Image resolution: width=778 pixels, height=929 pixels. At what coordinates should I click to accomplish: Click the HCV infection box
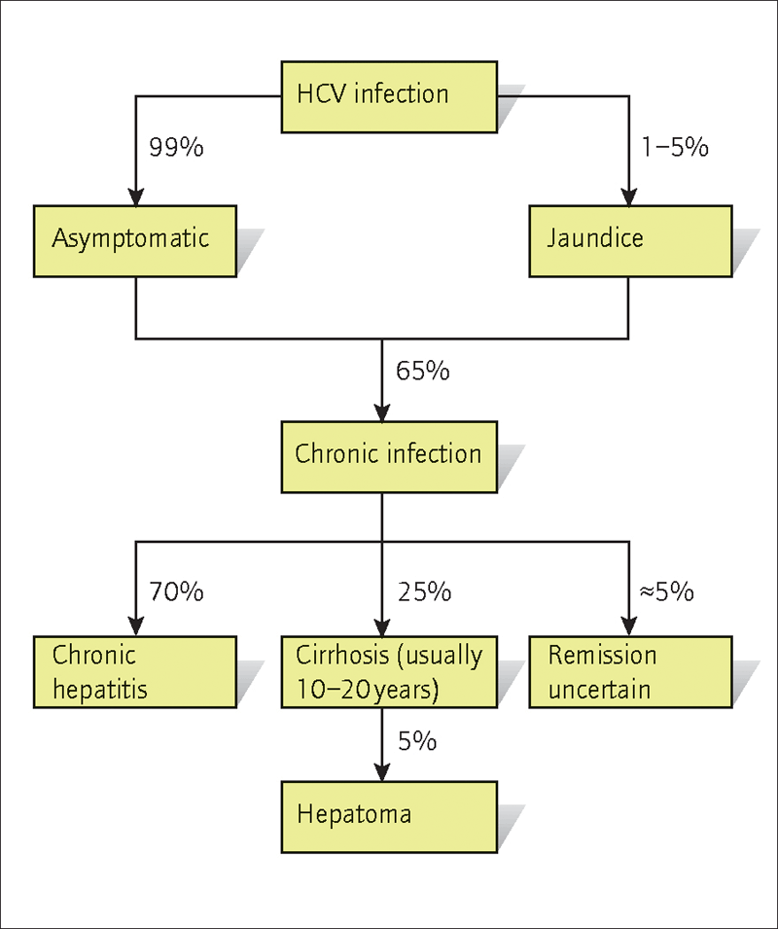click(389, 96)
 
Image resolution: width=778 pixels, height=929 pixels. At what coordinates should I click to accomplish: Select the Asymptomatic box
click(135, 241)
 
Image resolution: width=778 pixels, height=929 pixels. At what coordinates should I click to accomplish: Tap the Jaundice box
click(630, 241)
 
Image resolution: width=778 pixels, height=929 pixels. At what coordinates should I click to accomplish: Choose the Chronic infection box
click(389, 457)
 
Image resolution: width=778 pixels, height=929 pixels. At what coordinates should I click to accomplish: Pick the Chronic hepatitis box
click(135, 672)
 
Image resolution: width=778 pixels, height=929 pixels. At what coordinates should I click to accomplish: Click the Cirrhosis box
click(389, 672)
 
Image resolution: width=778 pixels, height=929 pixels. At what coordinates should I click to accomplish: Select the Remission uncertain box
click(630, 672)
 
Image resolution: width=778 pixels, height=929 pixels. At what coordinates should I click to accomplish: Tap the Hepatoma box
click(389, 817)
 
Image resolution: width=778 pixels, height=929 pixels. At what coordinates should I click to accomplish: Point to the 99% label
click(176, 147)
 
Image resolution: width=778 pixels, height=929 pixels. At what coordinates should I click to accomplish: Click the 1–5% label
click(676, 147)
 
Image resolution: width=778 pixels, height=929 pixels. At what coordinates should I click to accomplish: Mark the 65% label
click(423, 371)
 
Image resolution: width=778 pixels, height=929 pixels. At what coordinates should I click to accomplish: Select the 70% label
click(176, 591)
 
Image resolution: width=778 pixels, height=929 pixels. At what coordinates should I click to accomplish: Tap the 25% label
click(425, 591)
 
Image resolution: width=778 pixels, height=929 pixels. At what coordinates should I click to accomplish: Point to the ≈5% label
click(667, 591)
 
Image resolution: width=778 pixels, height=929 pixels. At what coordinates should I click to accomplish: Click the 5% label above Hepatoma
click(417, 741)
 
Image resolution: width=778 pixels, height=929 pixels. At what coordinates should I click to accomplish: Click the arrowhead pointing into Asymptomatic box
click(136, 197)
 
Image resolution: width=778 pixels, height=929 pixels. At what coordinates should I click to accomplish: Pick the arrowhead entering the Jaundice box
click(629, 197)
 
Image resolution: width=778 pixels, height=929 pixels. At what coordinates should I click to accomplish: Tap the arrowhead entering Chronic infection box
click(382, 413)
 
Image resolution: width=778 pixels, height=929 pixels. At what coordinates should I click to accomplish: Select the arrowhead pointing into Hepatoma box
click(382, 773)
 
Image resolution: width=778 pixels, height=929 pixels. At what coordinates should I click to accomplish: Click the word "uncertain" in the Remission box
click(600, 690)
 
